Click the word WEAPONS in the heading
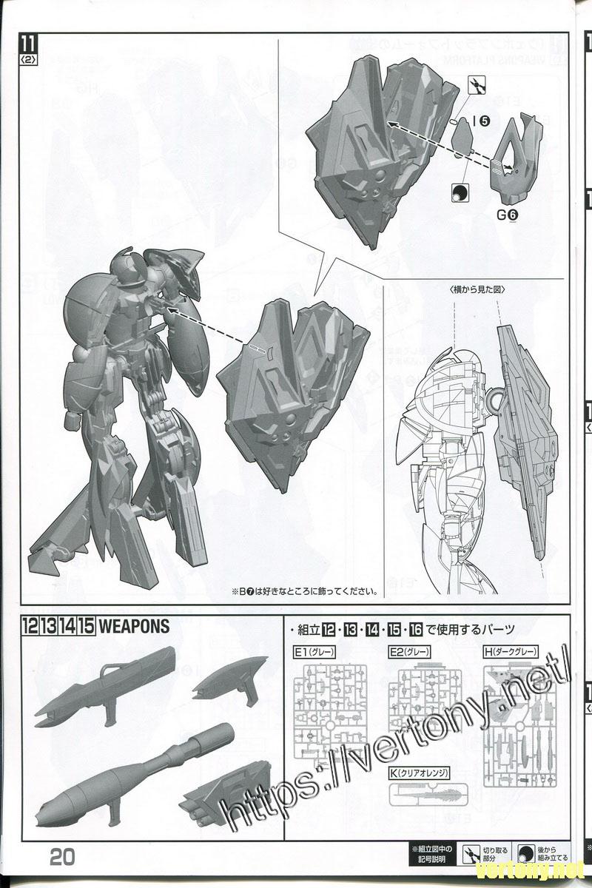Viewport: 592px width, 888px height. (x=134, y=626)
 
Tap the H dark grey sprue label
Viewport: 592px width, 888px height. (x=510, y=652)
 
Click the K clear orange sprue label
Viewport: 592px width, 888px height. (x=421, y=773)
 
